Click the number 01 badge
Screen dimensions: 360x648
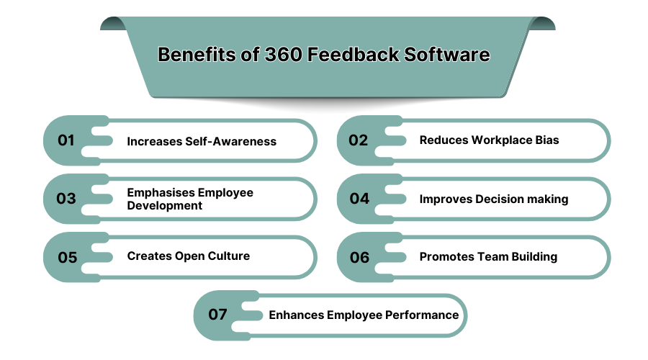(x=66, y=140)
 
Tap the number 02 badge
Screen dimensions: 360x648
(x=358, y=140)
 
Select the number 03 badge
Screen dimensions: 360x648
(x=66, y=199)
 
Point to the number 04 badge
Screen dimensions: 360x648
(x=359, y=199)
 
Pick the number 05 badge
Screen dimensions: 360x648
(x=67, y=257)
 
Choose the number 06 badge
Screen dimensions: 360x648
(x=359, y=257)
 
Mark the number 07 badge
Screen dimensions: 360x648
(x=217, y=315)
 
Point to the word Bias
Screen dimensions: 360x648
(x=546, y=140)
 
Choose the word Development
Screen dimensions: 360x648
(x=164, y=205)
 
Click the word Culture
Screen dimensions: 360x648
(x=228, y=256)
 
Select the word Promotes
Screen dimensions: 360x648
(x=446, y=256)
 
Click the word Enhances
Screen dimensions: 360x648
(x=296, y=315)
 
